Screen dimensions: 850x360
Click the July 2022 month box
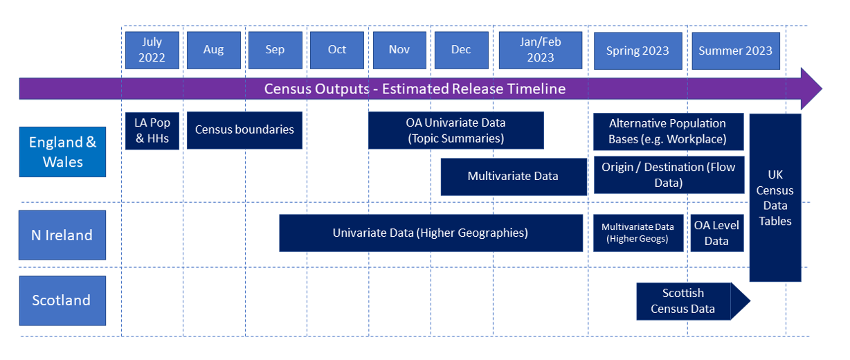point(152,50)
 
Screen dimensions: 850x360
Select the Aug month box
point(214,50)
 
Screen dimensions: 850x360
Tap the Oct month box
point(337,50)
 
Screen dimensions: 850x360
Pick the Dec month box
point(462,50)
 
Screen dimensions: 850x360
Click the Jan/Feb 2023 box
point(541,50)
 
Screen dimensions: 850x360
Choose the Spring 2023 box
point(638,51)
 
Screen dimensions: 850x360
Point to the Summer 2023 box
point(736,51)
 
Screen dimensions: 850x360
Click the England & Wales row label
point(62,152)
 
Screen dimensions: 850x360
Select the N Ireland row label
point(62,235)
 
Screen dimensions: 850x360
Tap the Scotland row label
point(62,300)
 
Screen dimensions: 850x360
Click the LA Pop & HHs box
point(152,131)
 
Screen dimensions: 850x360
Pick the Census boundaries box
point(244,130)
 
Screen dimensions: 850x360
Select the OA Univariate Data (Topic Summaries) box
point(455,130)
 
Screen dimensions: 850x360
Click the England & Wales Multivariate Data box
point(514,177)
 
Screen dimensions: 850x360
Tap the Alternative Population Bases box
point(668,132)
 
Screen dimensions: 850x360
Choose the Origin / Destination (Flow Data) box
point(669,175)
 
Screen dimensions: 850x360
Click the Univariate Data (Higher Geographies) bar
point(431,233)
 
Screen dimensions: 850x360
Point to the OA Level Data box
point(717,233)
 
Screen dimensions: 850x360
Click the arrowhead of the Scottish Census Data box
point(740,301)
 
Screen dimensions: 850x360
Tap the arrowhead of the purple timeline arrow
point(811,89)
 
